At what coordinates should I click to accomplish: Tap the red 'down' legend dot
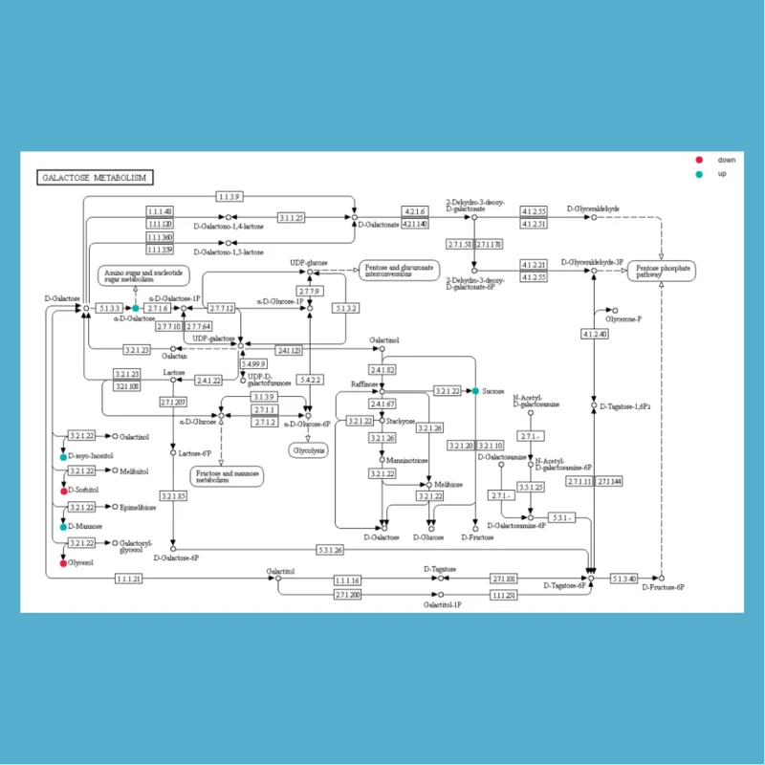click(699, 160)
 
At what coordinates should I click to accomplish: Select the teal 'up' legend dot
click(699, 175)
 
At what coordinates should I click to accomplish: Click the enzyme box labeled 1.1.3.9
click(229, 197)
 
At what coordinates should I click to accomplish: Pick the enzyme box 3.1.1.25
click(292, 218)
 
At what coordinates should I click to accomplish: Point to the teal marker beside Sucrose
click(475, 391)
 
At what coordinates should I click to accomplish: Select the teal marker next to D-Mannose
click(63, 527)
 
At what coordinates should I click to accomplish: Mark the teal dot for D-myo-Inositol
click(63, 458)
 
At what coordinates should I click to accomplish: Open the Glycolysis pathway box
click(307, 448)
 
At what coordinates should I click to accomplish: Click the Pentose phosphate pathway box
click(661, 271)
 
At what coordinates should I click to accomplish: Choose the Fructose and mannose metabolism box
click(226, 475)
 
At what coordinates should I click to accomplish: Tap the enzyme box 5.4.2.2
click(311, 380)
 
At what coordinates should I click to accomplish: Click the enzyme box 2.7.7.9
click(310, 291)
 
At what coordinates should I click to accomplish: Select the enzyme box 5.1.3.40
click(624, 579)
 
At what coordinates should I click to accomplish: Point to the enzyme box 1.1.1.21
click(129, 579)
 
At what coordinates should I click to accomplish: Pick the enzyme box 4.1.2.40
click(595, 334)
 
